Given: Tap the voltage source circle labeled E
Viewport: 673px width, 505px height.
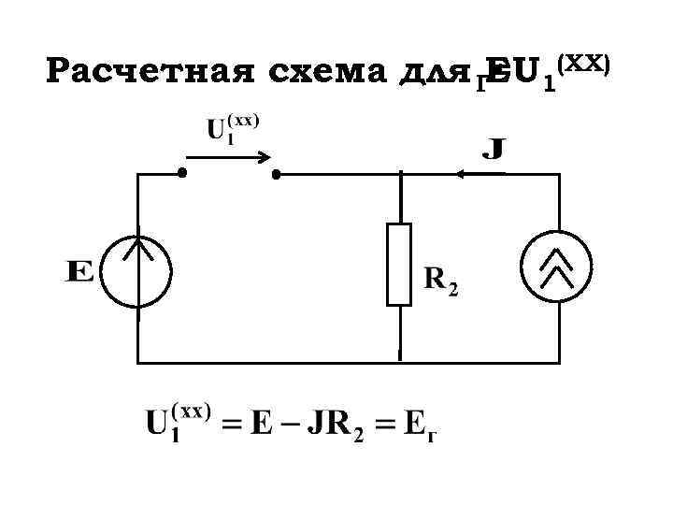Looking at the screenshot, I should click(x=137, y=270).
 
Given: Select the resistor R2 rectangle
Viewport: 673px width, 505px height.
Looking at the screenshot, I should click(x=399, y=265).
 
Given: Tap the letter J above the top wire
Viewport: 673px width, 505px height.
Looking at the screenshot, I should click(x=494, y=149).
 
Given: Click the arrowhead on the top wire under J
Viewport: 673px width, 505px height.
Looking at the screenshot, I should click(x=465, y=174).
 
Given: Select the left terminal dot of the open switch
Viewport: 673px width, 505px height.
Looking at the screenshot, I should click(x=183, y=174).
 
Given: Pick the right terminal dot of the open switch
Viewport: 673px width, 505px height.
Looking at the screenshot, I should click(x=276, y=174).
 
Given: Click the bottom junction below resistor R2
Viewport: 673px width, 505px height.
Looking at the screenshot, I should click(x=399, y=361).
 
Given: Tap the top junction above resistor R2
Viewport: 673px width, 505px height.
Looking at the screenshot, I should click(x=399, y=174).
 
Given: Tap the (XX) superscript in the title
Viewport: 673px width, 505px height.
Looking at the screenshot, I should click(x=584, y=63).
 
